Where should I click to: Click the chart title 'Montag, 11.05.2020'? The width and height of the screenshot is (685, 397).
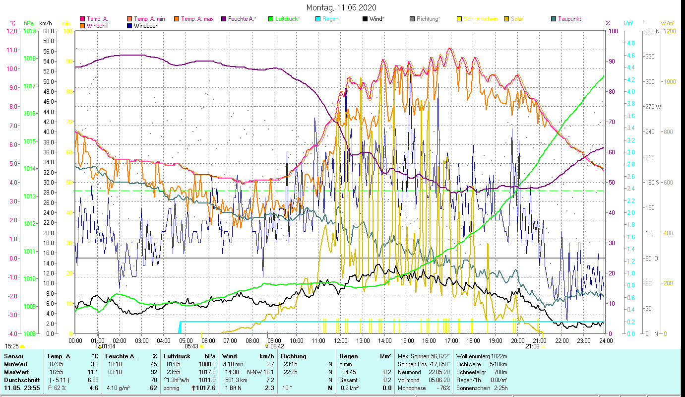341,7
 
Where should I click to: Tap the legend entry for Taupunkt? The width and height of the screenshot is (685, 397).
569,19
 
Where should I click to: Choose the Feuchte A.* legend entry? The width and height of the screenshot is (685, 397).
242,19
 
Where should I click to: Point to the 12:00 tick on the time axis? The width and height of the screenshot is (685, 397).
341,341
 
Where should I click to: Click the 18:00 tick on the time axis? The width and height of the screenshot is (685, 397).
473,341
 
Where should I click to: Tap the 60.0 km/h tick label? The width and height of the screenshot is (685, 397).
49,31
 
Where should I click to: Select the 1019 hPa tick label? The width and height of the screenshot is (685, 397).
29,31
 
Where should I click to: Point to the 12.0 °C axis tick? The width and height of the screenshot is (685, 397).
12,31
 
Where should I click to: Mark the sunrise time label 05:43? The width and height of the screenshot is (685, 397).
191,346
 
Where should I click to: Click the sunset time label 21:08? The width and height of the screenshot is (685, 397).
532,346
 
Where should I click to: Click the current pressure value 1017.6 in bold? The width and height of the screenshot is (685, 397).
207,388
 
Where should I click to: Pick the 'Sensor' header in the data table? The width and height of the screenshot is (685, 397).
13,356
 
